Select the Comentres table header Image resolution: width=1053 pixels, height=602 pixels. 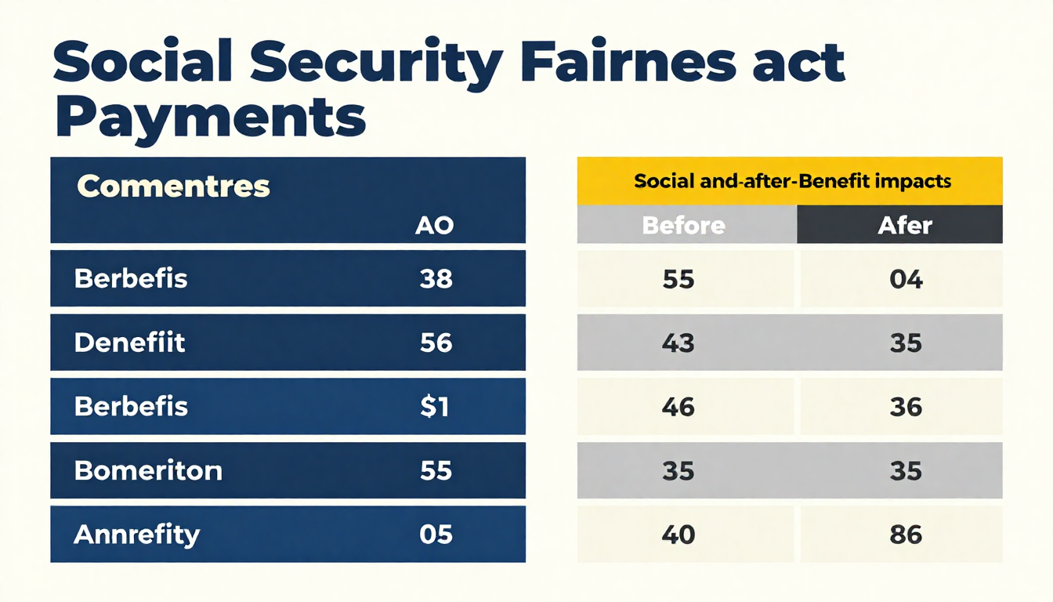click(174, 187)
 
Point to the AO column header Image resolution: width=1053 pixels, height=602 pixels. click(434, 227)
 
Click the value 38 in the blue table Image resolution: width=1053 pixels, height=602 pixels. click(436, 278)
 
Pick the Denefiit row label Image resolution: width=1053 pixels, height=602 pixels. click(130, 343)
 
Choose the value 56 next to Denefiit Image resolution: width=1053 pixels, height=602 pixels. click(436, 343)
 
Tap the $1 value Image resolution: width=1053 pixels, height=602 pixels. click(435, 407)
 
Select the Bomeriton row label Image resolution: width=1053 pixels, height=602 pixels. click(148, 470)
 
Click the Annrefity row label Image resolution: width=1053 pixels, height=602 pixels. click(137, 535)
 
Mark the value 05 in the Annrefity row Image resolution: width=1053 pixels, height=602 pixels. click(436, 535)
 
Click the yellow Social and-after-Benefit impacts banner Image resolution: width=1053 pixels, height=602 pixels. click(790, 181)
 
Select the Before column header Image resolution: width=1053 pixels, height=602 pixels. click(683, 226)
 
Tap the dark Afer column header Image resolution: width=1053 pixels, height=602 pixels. click(905, 226)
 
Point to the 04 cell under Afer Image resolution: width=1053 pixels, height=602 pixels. click(906, 279)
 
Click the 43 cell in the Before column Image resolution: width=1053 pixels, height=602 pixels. click(678, 343)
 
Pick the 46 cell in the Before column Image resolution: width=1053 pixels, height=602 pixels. click(678, 407)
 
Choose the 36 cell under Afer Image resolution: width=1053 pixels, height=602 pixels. click(906, 407)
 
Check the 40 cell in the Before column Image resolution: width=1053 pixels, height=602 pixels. click(678, 535)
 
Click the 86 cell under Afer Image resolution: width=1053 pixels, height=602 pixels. click(906, 535)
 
